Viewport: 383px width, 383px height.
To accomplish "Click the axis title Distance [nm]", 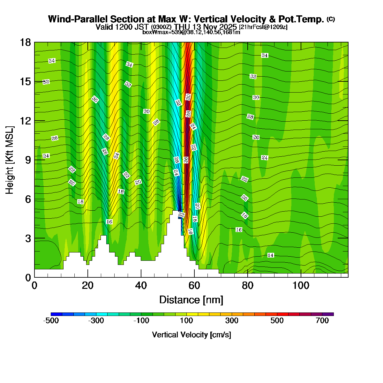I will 191,300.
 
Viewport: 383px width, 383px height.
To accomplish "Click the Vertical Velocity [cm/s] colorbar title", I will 191,335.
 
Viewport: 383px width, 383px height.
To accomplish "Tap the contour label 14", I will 270,255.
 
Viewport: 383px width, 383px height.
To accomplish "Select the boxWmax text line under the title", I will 191,32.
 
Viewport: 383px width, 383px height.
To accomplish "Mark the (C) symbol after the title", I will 331,19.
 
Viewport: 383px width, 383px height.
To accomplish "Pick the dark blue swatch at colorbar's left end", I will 56,314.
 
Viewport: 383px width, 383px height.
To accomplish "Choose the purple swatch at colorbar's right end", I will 328,314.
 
